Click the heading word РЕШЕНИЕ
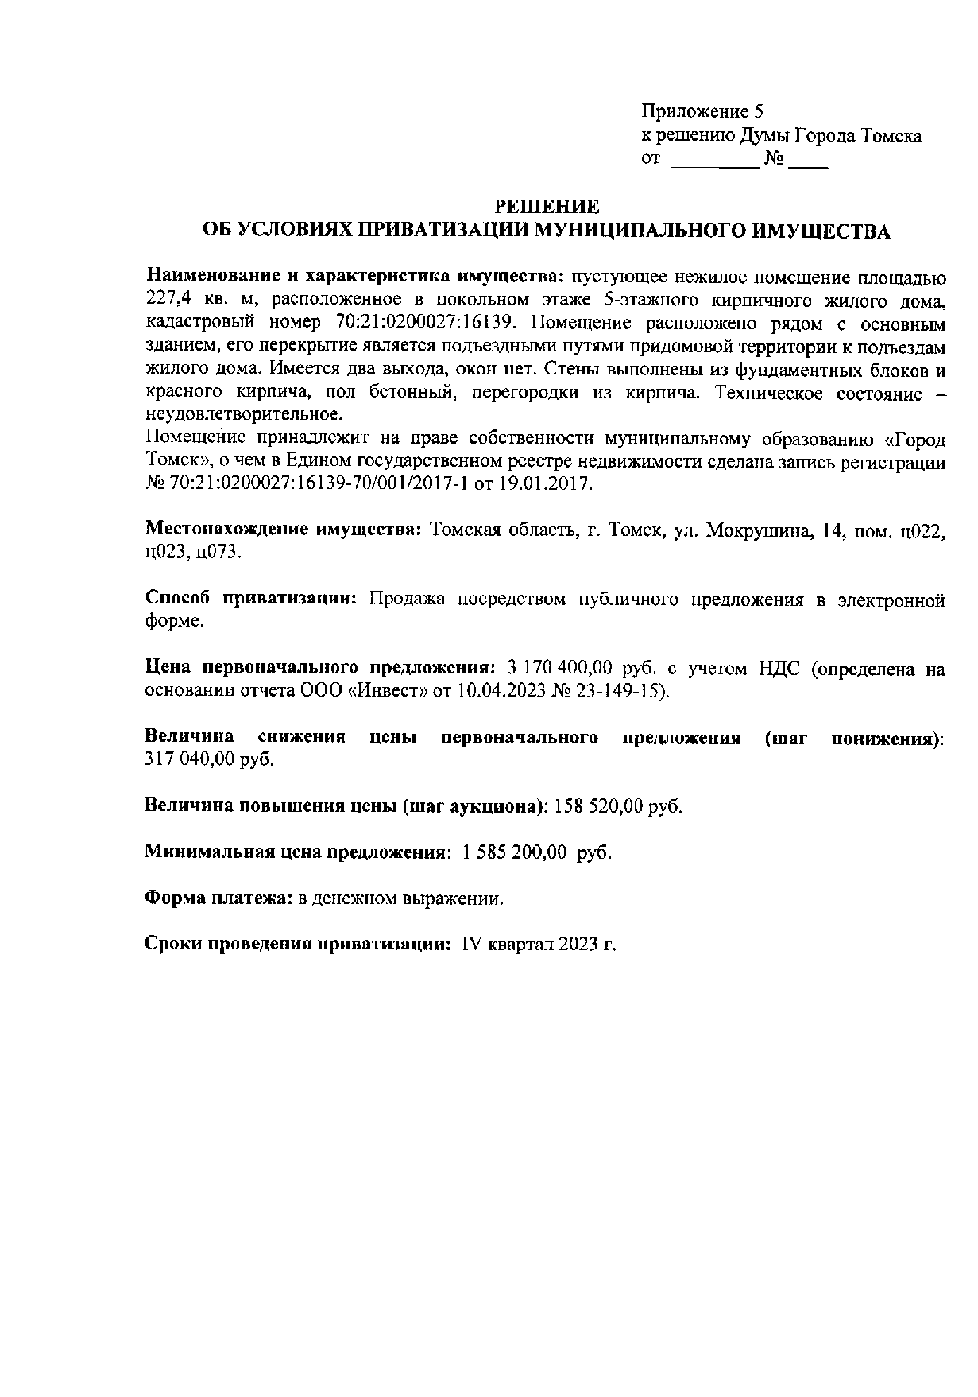click(546, 208)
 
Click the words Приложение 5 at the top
click(702, 111)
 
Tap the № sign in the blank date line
click(774, 159)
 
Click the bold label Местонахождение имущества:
click(283, 530)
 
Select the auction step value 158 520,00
click(597, 806)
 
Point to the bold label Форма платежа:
click(218, 898)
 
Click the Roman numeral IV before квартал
click(471, 945)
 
